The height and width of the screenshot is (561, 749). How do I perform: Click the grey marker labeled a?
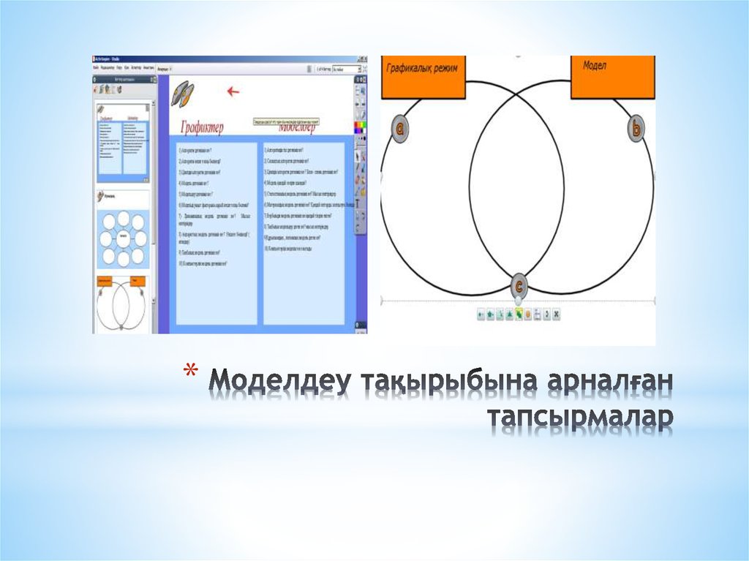[400, 129]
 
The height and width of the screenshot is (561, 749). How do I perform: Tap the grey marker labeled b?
[636, 129]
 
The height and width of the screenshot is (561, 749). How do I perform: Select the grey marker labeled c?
[519, 285]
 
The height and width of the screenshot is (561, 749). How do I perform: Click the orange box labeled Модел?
[613, 77]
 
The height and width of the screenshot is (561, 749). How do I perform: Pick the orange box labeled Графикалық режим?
[424, 77]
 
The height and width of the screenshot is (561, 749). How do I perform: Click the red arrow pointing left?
[233, 91]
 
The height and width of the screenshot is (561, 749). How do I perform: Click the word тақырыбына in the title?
[436, 382]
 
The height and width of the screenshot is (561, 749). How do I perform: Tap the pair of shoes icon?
[183, 93]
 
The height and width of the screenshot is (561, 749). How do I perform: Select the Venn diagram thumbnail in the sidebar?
[123, 304]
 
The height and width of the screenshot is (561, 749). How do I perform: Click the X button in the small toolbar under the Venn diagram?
[556, 315]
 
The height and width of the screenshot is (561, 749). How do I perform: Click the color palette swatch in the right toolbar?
[359, 129]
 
